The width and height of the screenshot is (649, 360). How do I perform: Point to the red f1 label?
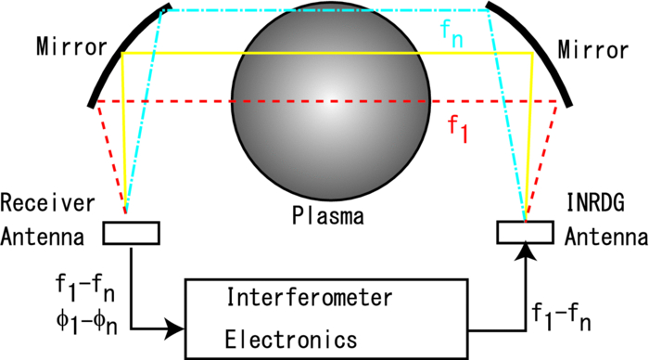pyautogui.click(x=458, y=128)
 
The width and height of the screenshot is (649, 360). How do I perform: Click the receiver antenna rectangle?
pyautogui.click(x=131, y=233)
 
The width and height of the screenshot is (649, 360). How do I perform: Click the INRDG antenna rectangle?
pyautogui.click(x=524, y=231)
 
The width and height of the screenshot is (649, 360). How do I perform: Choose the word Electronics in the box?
pyautogui.click(x=286, y=339)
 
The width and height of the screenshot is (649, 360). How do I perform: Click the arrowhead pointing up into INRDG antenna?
pyautogui.click(x=526, y=249)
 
